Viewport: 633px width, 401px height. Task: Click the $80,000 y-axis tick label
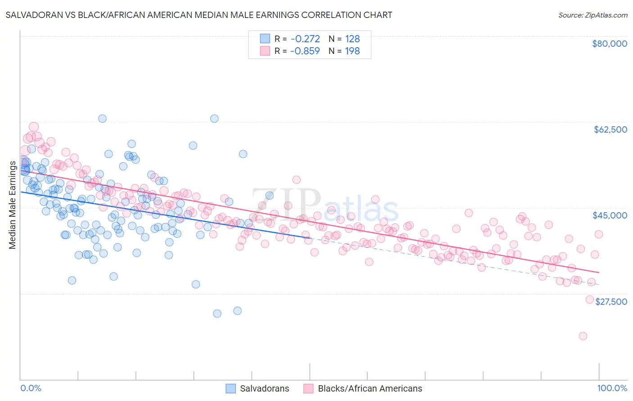(610, 44)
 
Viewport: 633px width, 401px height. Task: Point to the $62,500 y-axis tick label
(610, 129)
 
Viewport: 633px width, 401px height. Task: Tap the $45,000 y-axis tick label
(610, 215)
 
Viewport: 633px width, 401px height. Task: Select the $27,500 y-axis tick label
(611, 302)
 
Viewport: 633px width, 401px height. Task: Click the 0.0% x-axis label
(31, 388)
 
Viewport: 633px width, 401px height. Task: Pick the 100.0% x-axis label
(612, 388)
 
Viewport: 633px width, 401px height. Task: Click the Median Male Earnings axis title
(13, 205)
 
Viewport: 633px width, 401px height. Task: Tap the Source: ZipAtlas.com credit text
(592, 15)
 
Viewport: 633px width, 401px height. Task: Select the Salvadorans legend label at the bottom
(264, 388)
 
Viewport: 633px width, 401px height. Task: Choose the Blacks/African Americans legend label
(370, 388)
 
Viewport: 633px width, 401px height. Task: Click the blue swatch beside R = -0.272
(265, 39)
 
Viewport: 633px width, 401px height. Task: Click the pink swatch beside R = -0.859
(265, 51)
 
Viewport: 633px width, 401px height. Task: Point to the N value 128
(353, 39)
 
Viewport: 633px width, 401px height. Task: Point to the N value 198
(353, 51)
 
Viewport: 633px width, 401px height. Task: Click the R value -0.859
(305, 51)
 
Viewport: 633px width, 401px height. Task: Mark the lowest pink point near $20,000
(583, 336)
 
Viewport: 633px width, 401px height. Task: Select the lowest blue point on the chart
(217, 313)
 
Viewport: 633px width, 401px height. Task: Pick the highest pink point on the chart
(34, 127)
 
